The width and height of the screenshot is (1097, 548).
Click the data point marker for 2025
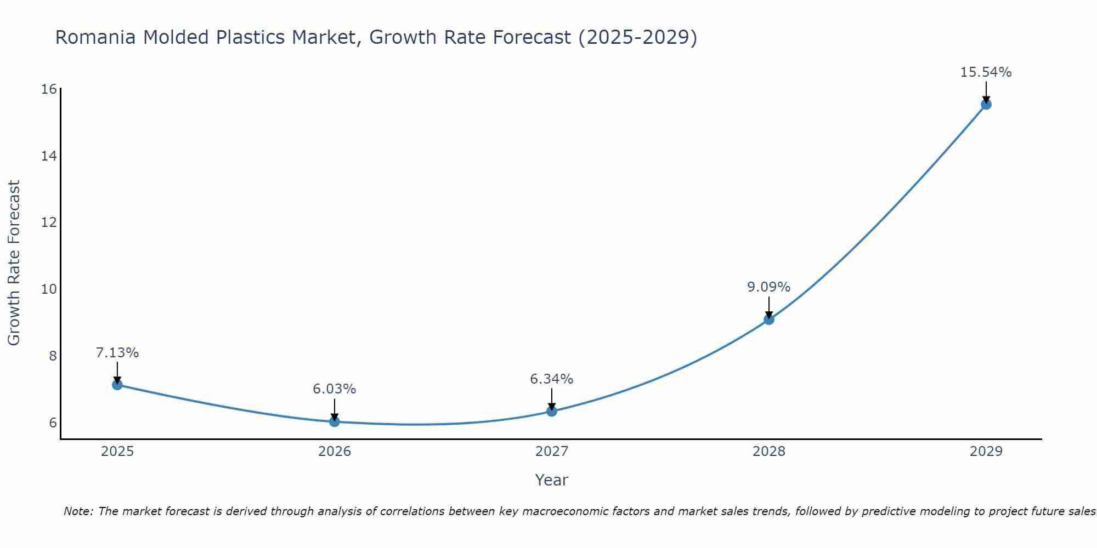coord(117,385)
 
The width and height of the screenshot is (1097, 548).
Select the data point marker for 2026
coord(334,421)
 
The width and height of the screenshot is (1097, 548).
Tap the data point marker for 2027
coord(551,411)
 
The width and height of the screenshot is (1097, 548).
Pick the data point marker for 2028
coord(768,319)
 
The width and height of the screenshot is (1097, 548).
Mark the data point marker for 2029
coord(986,104)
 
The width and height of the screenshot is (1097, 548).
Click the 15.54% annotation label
coord(986,72)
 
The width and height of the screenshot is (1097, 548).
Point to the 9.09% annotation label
coord(768,287)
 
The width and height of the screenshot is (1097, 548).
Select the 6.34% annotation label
coord(551,379)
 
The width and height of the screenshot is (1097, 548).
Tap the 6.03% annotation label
coord(334,389)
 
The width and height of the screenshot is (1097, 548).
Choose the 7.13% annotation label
coord(117,353)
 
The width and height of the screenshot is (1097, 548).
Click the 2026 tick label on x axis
coord(334,452)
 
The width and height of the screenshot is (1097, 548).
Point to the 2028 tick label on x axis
coord(768,452)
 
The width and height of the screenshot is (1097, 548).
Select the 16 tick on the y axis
coord(49,89)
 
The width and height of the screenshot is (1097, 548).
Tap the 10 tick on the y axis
coord(49,289)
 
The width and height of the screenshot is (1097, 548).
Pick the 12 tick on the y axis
coord(49,222)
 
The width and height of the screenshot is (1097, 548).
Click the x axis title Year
coord(551,480)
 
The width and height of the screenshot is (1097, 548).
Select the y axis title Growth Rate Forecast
coord(14,263)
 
